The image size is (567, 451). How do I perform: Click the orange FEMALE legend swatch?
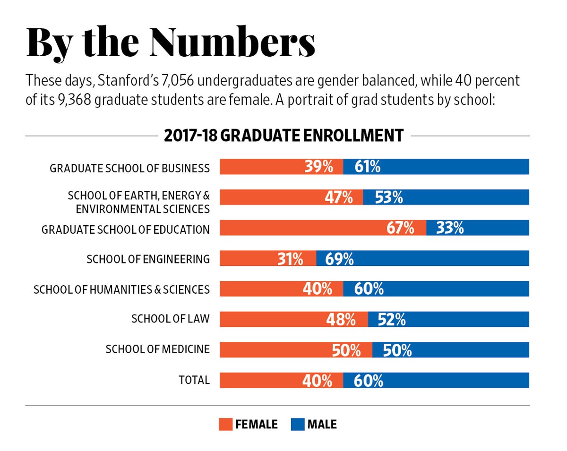tap(225, 424)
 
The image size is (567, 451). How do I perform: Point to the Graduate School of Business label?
tap(129, 168)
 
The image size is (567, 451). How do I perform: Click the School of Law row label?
tap(170, 320)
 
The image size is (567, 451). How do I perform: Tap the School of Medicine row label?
tap(157, 349)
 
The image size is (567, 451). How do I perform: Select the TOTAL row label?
tap(193, 380)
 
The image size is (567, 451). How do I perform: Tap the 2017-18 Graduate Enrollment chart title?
tap(283, 136)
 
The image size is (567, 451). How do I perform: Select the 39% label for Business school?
tap(319, 167)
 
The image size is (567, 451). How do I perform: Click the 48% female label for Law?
tap(341, 320)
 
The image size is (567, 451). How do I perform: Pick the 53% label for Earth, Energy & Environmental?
tap(389, 197)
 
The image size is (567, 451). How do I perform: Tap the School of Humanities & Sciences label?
tap(121, 289)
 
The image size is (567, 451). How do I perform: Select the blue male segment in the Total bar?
tap(436, 380)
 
